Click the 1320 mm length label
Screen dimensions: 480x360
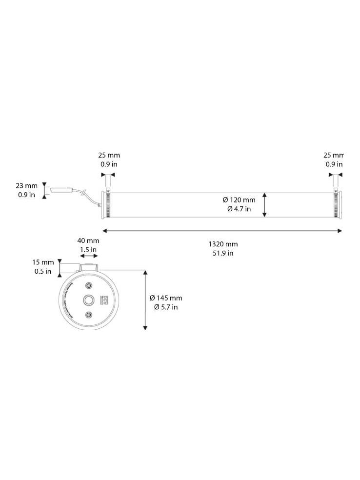click(x=223, y=244)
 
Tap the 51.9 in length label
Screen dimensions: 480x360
click(x=223, y=253)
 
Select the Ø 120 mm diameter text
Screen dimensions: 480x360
click(x=239, y=200)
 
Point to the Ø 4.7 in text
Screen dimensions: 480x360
click(x=239, y=209)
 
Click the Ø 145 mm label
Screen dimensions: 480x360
click(x=166, y=298)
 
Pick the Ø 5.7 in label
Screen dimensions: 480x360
click(x=166, y=307)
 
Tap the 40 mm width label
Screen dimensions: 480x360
click(x=88, y=240)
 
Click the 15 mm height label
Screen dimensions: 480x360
click(x=44, y=262)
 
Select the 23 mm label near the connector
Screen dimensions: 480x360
click(x=26, y=186)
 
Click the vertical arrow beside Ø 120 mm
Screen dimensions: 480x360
click(x=265, y=204)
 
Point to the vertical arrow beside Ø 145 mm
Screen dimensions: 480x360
click(x=145, y=300)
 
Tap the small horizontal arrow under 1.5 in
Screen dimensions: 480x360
click(x=88, y=256)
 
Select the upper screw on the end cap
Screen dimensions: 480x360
click(x=88, y=285)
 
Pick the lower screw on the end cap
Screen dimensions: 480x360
click(x=88, y=315)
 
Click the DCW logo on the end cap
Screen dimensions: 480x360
click(x=102, y=299)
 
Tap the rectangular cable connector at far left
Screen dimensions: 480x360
click(x=62, y=190)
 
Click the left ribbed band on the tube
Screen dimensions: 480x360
click(x=107, y=204)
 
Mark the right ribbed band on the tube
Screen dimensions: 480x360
click(x=336, y=204)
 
